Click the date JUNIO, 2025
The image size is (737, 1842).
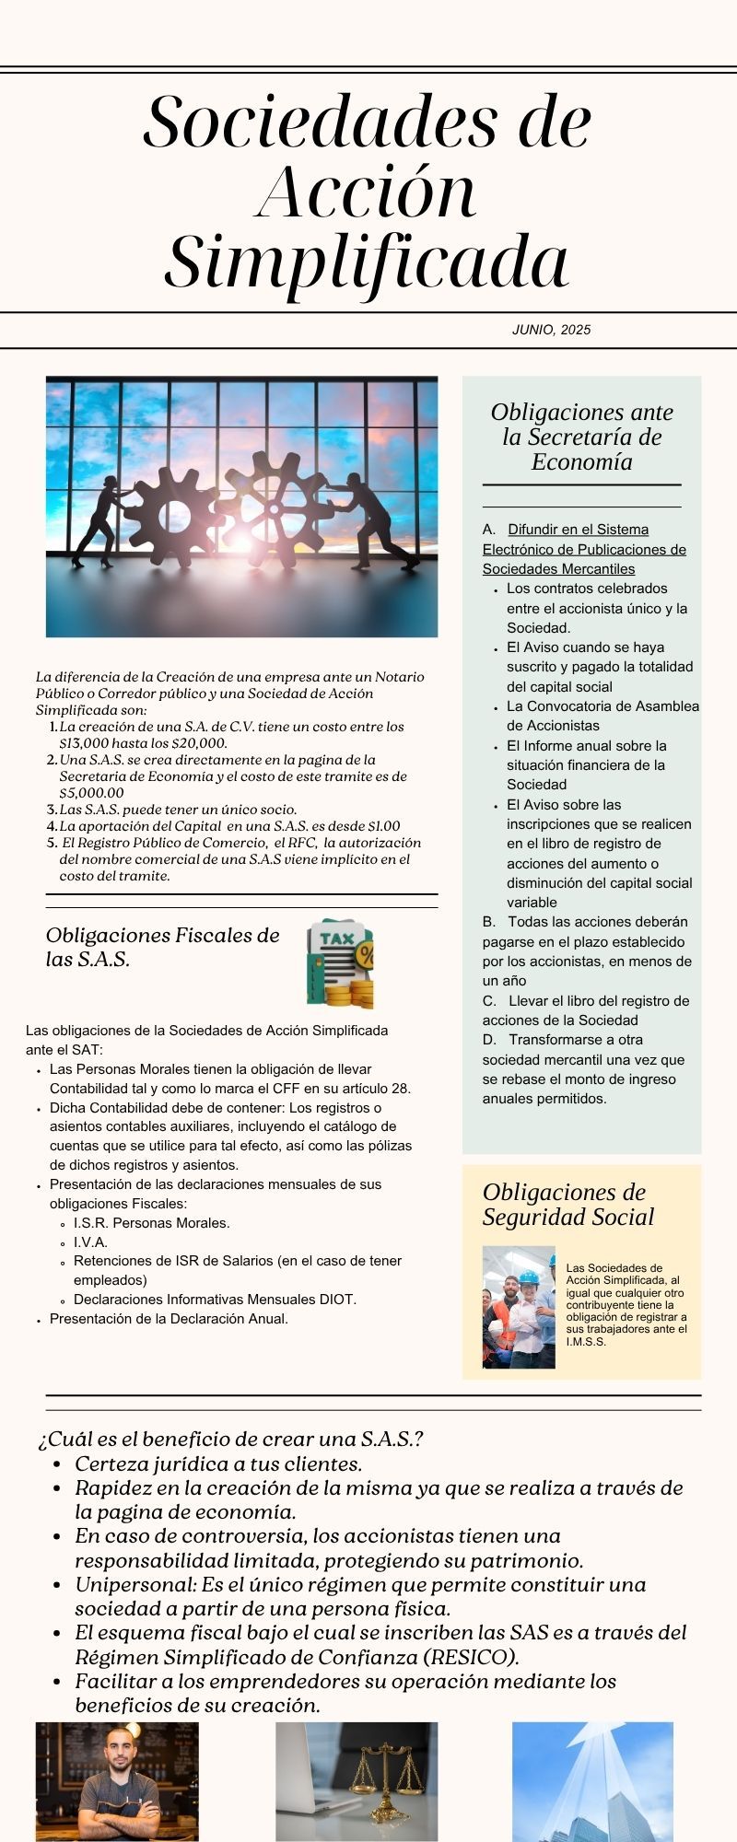[551, 330]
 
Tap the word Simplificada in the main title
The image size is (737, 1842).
[367, 261]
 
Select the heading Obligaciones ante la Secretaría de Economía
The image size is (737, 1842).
[581, 437]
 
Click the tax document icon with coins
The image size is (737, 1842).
[341, 963]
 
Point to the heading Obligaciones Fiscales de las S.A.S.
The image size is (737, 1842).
[162, 947]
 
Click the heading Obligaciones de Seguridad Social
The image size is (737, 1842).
[567, 1205]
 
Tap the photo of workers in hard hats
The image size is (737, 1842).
[519, 1306]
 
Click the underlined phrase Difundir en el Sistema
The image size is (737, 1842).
[578, 530]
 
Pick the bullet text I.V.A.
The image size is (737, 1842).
[90, 1242]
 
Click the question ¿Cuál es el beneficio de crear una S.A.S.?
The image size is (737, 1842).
[230, 1439]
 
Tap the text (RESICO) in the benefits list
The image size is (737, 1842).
[468, 1657]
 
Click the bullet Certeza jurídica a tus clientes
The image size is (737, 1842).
[217, 1463]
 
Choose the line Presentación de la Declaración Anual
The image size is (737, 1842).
[169, 1319]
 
